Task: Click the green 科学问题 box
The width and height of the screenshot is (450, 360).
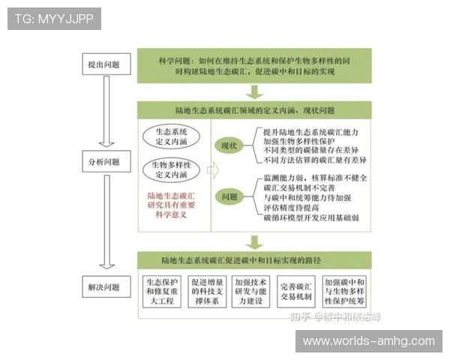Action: coord(255,64)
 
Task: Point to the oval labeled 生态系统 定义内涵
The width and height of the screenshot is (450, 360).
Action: coord(172,136)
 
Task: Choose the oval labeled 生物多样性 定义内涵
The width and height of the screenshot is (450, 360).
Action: coord(172,169)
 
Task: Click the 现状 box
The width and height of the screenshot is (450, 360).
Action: coord(226,145)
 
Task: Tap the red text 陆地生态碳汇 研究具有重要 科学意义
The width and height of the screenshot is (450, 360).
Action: coord(171,205)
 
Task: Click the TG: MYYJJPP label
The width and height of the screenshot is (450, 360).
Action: coord(54,18)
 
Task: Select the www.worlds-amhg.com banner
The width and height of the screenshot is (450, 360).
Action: coord(368,341)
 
